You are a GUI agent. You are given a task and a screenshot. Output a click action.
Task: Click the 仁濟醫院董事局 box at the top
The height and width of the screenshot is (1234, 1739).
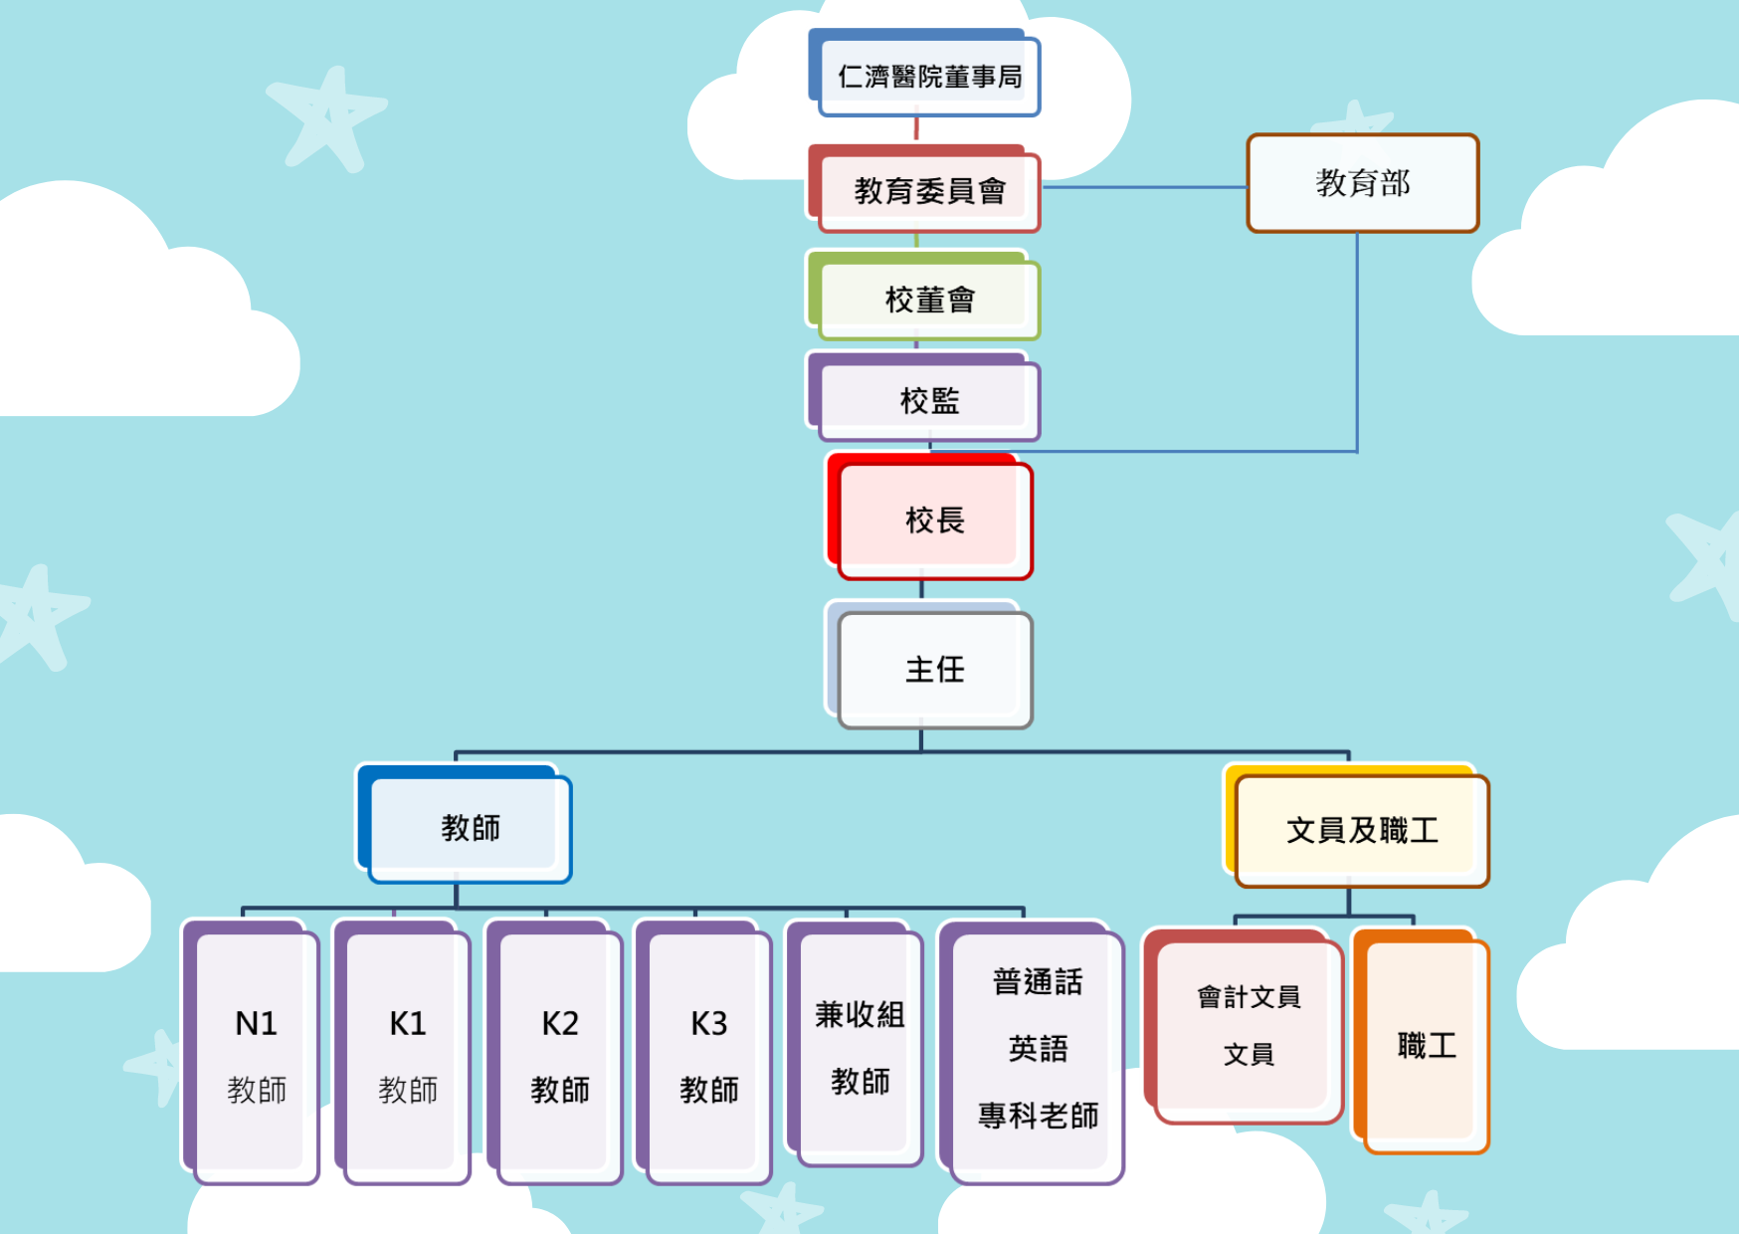coord(928,77)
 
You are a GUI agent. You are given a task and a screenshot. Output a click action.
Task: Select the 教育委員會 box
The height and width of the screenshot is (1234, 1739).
coord(928,190)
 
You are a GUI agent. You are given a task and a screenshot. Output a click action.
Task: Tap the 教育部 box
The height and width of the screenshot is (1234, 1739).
coord(1362,183)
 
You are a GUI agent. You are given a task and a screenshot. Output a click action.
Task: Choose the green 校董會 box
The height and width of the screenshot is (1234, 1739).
coord(928,299)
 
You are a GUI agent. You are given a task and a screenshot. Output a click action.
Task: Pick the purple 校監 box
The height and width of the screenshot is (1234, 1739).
coord(928,400)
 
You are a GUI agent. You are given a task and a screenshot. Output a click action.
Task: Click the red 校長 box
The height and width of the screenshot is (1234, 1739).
coord(933,519)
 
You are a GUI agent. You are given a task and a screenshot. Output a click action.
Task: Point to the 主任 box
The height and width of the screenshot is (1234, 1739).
coord(933,669)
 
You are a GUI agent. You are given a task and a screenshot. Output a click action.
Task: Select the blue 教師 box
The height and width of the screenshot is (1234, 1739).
coord(470,827)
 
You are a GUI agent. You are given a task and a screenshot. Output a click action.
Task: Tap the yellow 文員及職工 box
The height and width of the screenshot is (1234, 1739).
coord(1361,830)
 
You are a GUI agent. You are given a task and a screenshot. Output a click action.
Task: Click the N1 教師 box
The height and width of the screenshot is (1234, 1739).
coord(256,1055)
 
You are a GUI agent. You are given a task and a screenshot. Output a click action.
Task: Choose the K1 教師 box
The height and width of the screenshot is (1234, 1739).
coord(407,1055)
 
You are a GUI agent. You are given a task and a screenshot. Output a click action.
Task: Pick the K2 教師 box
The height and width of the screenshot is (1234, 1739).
coord(559,1055)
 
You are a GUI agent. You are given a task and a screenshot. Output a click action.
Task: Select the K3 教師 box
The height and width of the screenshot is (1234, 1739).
coord(708,1055)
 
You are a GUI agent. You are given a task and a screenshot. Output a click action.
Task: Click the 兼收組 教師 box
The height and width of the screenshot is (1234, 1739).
coord(859,1047)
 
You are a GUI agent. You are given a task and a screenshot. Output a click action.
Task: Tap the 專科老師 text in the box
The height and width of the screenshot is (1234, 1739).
coord(1038,1116)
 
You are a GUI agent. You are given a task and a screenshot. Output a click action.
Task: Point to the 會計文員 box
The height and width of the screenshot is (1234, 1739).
coord(1248,1025)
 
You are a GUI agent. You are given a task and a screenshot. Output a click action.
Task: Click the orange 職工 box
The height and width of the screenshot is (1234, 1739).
coord(1426,1045)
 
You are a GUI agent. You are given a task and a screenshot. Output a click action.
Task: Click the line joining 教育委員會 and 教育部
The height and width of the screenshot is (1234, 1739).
coord(1144,187)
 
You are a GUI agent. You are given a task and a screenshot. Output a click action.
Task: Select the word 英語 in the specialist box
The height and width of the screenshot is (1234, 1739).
coord(1038,1049)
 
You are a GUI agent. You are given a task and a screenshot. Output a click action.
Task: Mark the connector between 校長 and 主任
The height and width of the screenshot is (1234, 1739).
coord(921,589)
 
